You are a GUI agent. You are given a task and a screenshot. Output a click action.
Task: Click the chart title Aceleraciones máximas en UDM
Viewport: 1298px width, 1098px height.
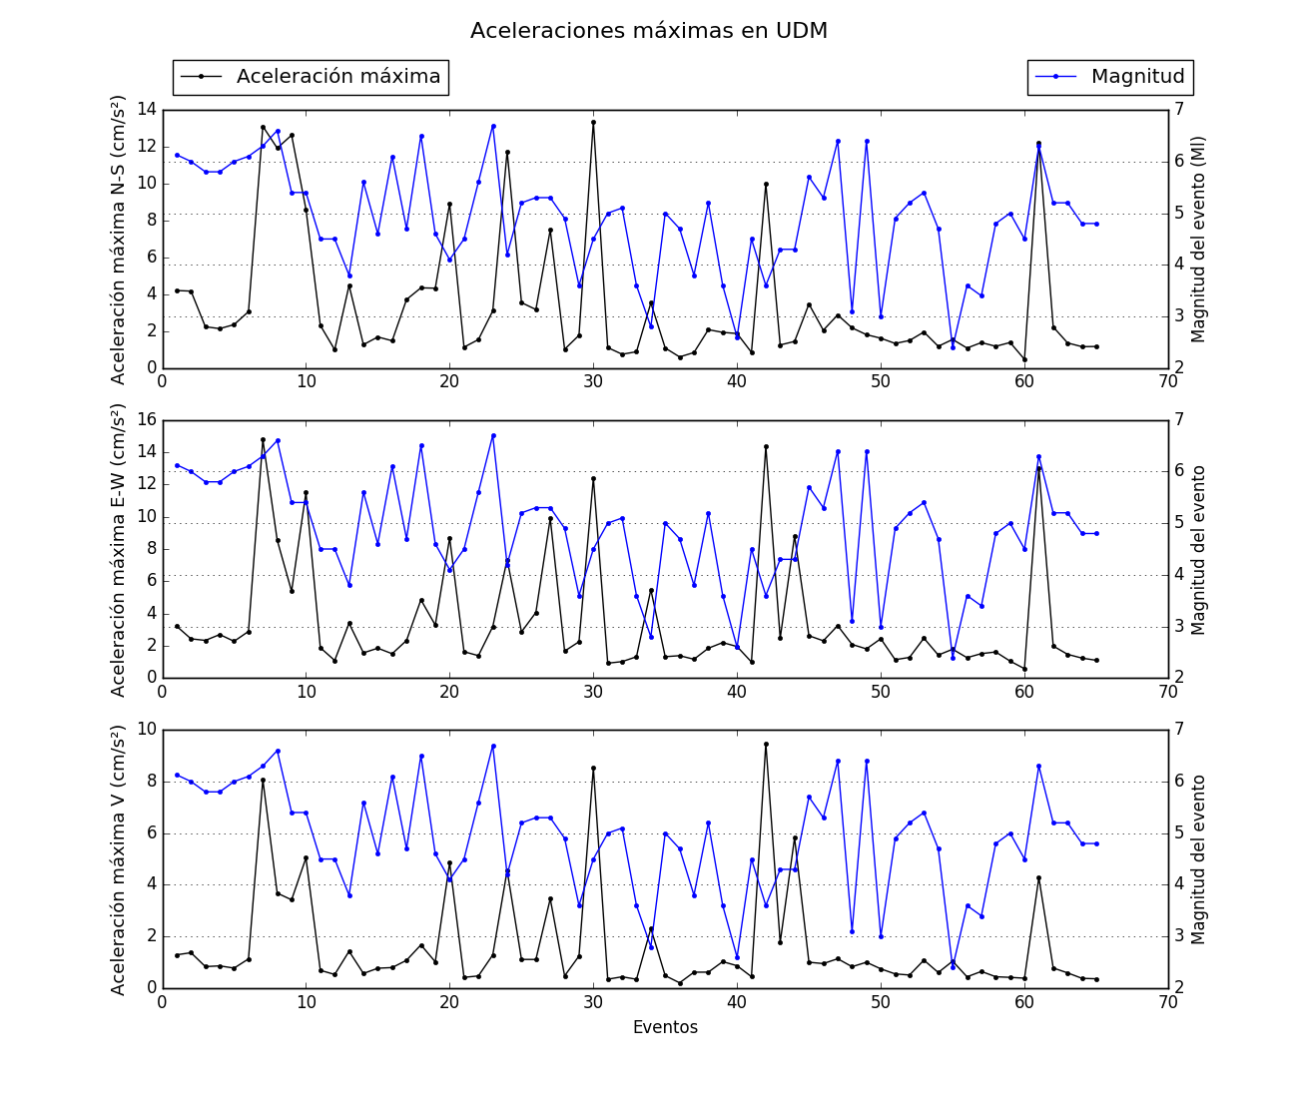click(x=649, y=31)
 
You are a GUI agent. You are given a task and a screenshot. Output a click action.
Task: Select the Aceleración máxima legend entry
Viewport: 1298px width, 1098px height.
click(x=310, y=77)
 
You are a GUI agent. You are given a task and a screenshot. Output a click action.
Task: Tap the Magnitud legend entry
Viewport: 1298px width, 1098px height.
click(x=1109, y=77)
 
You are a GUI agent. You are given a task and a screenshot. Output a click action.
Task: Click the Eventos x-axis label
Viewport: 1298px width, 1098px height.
click(x=665, y=1027)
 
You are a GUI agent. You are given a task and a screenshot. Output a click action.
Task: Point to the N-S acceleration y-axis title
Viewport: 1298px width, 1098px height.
click(x=119, y=240)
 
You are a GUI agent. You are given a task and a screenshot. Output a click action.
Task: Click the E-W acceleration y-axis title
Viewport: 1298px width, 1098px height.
click(x=119, y=549)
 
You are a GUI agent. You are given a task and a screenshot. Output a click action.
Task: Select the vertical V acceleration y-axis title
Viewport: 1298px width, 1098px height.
click(x=119, y=858)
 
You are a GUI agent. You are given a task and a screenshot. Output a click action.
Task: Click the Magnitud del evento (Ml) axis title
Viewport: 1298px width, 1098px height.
click(x=1199, y=240)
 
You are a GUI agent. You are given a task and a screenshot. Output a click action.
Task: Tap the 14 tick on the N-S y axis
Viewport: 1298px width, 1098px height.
click(x=146, y=109)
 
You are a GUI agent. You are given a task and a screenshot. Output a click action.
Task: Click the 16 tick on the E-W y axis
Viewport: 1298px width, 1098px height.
click(x=146, y=419)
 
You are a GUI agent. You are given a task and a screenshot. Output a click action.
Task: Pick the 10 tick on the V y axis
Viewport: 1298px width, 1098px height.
click(x=146, y=729)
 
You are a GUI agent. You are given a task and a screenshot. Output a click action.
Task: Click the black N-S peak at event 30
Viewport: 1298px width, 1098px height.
click(x=593, y=122)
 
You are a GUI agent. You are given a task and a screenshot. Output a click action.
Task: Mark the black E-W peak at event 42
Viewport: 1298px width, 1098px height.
click(x=766, y=446)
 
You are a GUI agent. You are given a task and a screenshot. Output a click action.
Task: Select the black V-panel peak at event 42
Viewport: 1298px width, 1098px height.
click(x=766, y=744)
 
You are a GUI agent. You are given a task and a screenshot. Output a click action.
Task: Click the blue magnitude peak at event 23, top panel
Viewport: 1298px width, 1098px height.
click(x=493, y=126)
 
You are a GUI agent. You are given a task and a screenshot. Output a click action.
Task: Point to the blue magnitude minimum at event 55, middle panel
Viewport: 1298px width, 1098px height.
click(x=953, y=658)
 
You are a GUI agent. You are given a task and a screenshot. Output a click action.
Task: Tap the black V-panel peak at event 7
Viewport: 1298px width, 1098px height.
click(x=263, y=780)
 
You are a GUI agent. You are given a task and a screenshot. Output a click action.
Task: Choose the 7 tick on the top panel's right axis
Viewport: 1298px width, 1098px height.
click(x=1179, y=109)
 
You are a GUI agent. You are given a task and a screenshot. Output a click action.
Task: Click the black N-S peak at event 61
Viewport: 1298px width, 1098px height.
click(x=1038, y=143)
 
